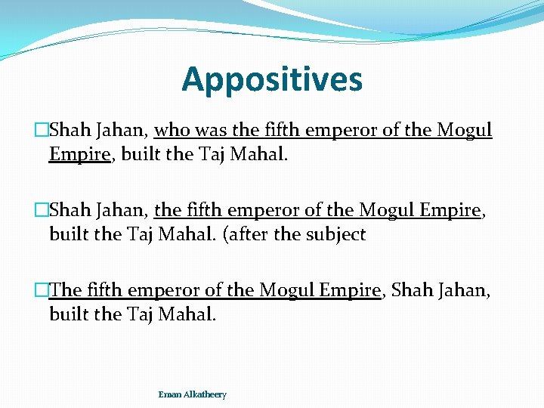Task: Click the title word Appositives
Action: [x=272, y=79]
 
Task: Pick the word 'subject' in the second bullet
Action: [x=335, y=234]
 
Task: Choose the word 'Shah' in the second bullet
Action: [x=68, y=210]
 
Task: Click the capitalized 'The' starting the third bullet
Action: [x=66, y=290]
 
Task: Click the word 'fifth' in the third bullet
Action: [x=106, y=290]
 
